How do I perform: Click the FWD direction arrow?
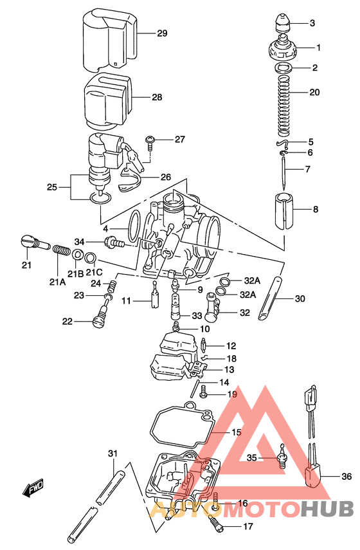(x=33, y=488)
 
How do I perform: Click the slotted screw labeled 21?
(x=35, y=244)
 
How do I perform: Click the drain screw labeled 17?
(x=217, y=524)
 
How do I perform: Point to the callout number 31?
(x=113, y=454)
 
